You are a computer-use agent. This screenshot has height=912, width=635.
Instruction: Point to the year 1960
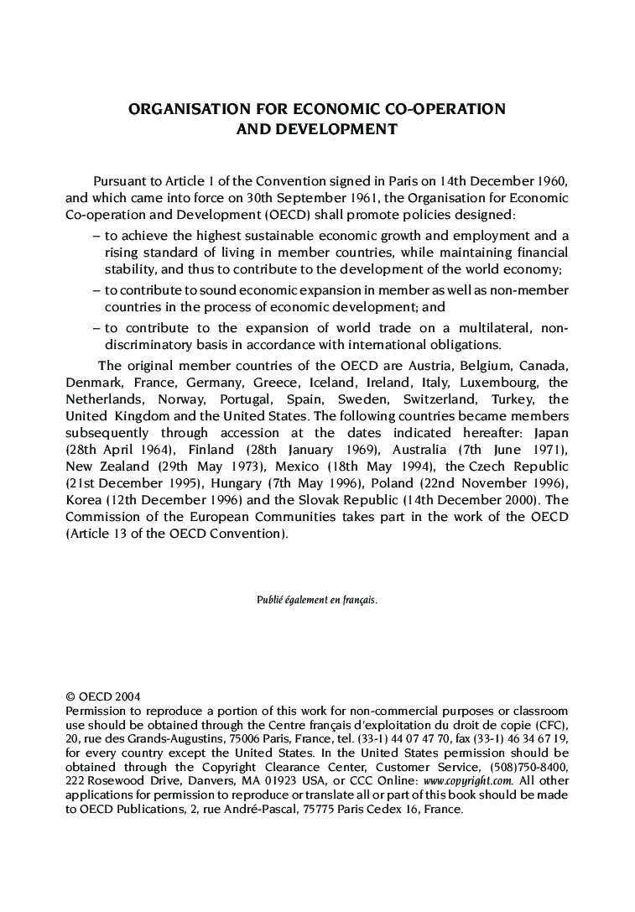click(x=551, y=181)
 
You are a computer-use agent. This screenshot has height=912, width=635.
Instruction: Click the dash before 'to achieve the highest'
click(x=96, y=236)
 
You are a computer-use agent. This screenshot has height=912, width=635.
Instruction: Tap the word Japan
click(x=551, y=433)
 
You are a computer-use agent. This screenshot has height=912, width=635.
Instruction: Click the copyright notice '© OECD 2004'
click(x=103, y=696)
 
